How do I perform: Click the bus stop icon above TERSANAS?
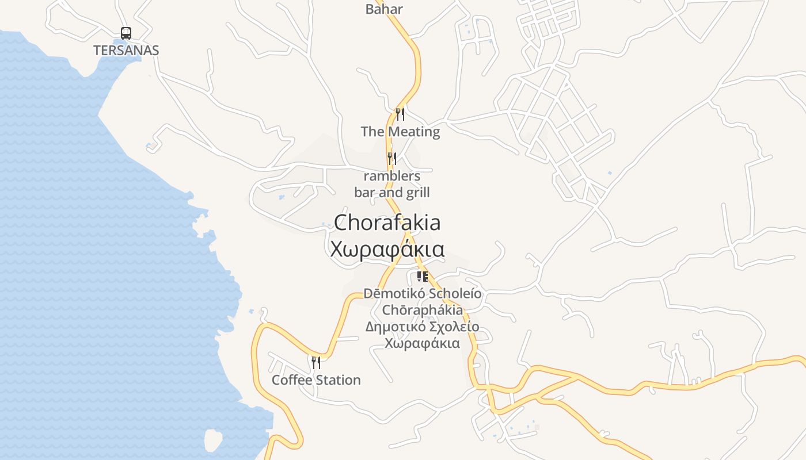[x=126, y=33]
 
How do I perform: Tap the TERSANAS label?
[x=126, y=50]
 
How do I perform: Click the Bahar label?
[x=384, y=9]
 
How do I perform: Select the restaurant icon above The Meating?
[x=400, y=114]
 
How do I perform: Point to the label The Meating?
[x=400, y=132]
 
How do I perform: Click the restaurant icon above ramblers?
[x=392, y=159]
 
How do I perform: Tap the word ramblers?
[x=392, y=176]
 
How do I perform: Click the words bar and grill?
[x=392, y=192]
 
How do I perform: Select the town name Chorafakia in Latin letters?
[x=387, y=223]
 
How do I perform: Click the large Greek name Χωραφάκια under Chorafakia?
[x=387, y=250]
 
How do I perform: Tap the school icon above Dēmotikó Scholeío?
[x=423, y=277]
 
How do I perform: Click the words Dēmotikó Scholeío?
[x=423, y=294]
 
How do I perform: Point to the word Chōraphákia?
[x=423, y=310]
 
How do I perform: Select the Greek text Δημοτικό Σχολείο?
[x=423, y=327]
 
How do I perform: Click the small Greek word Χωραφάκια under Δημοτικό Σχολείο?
[x=423, y=344]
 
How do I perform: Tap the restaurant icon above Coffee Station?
[x=316, y=363]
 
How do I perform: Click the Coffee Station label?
[x=316, y=380]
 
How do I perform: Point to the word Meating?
[x=413, y=132]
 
